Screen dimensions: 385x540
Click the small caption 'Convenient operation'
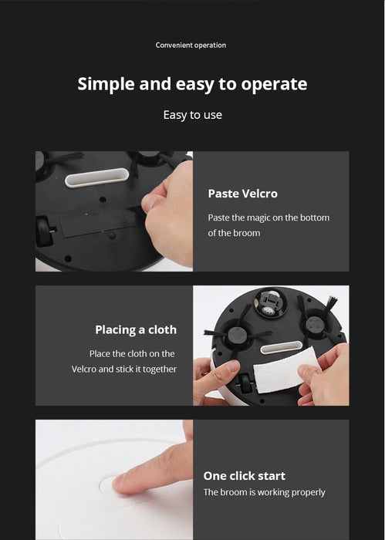[191, 45]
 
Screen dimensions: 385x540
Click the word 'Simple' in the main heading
[106, 84]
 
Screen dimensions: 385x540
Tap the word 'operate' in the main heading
[274, 84]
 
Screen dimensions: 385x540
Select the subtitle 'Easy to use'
[193, 115]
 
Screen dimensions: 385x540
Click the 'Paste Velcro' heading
[243, 194]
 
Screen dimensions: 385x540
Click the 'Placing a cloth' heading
[136, 330]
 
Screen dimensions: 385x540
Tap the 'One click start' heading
[244, 476]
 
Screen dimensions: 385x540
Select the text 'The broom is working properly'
[264, 492]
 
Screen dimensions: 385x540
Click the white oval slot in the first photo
[97, 177]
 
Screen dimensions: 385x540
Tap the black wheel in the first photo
[44, 231]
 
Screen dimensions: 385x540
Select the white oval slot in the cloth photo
[281, 347]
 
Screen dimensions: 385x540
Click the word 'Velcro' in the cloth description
[84, 370]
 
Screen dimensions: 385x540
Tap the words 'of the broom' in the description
[234, 233]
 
